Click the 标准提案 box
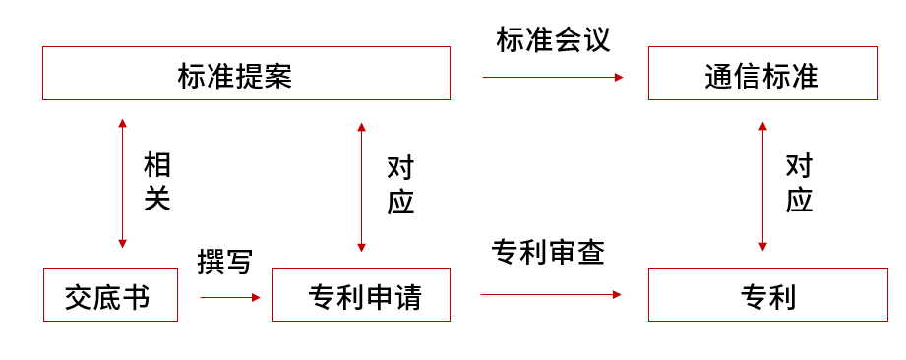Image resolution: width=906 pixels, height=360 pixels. pos(246,74)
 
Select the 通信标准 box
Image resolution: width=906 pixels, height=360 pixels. pos(762,74)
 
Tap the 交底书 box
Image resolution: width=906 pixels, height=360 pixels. pos(110,294)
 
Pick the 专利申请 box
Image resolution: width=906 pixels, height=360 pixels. pos(361,294)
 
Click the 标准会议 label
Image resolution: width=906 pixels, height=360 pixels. pos(553,40)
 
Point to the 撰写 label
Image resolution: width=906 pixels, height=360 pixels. pos(224,263)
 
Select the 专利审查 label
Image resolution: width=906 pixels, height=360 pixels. pos(547,253)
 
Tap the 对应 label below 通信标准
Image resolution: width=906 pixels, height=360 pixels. pos(799,184)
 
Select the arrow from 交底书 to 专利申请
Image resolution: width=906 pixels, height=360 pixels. pos(228,295)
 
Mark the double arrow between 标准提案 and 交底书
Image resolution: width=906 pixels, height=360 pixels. pos(122,184)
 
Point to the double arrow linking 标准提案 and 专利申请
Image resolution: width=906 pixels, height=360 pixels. pos(361,187)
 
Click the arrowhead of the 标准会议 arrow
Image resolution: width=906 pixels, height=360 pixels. pos(619,77)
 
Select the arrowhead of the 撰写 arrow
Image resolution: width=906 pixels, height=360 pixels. pos(257,295)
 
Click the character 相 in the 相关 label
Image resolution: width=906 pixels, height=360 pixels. pos(157,164)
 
